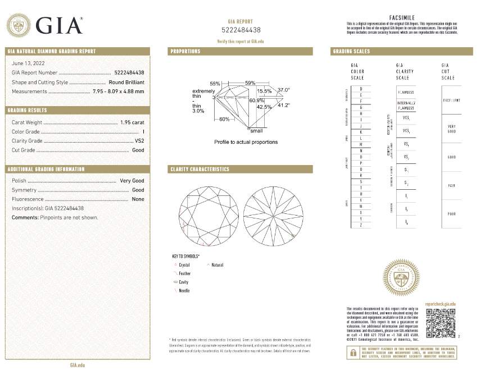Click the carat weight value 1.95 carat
132,122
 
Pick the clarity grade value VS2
139,141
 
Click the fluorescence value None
138,199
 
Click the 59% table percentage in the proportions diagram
250,83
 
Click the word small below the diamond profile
256,130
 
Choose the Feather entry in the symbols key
184,273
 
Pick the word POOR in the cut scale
451,214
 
